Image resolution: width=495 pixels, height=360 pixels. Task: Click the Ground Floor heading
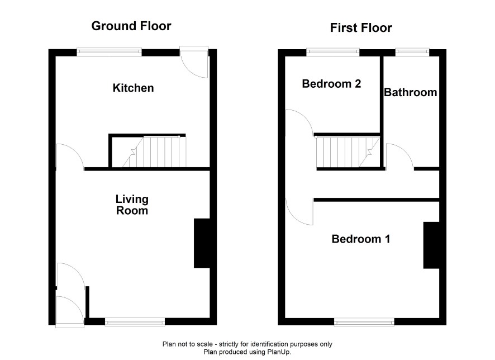tap(131, 26)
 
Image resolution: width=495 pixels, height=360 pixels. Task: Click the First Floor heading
tap(361, 28)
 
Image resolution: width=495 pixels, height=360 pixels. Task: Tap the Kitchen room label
tap(133, 88)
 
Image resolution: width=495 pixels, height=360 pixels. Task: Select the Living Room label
tap(132, 205)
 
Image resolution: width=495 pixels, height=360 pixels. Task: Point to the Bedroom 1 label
tap(361, 239)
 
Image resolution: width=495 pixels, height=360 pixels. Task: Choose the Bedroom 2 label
tap(331, 84)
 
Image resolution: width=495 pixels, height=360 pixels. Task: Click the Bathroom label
tap(411, 92)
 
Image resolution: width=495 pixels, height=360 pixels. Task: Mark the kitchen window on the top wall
tap(110, 52)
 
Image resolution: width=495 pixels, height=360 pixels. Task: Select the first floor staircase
tap(348, 152)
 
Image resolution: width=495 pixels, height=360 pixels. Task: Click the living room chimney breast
tap(202, 243)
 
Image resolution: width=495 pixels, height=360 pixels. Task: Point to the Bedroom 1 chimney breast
tap(431, 245)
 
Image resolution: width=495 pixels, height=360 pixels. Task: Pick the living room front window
tap(135, 322)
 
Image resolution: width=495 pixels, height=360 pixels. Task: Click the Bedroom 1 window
tap(364, 322)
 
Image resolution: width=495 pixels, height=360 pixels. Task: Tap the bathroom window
tap(412, 52)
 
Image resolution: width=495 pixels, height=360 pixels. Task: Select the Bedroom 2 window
tap(333, 52)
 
